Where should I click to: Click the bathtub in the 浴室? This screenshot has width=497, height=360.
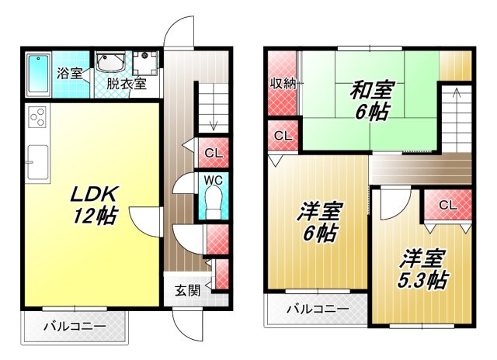coord(36,73)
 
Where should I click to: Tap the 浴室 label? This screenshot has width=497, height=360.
coord(68,74)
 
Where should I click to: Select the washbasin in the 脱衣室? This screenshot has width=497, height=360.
coord(111,61)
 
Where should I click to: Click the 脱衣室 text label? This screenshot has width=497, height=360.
coord(127,84)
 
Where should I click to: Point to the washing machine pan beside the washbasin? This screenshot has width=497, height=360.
coord(145,63)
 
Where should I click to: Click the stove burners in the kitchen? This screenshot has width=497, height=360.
coord(37,118)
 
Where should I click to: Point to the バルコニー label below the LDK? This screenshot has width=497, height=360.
coord(74,326)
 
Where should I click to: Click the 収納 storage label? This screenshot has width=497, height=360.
coord(282,84)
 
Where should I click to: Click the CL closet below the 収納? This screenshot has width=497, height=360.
coord(283,137)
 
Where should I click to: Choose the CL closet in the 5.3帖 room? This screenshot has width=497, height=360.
coord(447,205)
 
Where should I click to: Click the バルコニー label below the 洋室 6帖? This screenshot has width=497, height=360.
coord(317,309)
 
